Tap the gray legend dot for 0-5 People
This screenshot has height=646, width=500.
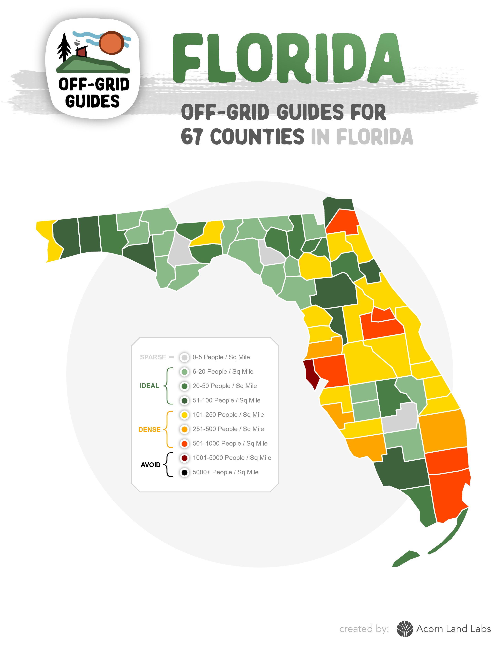pos(184,357)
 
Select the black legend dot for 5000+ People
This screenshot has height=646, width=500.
pos(184,472)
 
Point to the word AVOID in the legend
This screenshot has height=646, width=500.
pos(150,465)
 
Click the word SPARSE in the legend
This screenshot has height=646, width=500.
pos(153,357)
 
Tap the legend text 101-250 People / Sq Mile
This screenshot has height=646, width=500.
pos(228,415)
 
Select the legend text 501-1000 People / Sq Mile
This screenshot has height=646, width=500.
pos(230,443)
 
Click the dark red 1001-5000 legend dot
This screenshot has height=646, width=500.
pos(184,458)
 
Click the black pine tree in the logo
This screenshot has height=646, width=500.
pos(64,47)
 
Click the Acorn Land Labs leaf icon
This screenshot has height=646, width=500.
pos(405,629)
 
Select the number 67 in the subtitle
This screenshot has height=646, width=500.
pos(192,137)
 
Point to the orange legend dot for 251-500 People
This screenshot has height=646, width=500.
pos(184,429)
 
